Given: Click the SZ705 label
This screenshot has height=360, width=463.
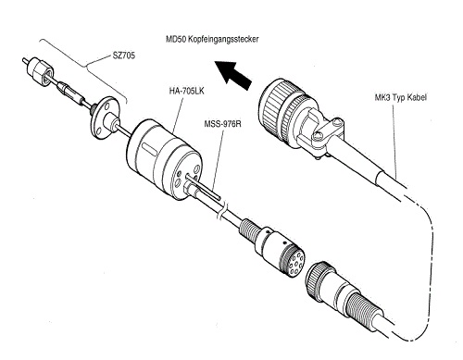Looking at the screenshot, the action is point(124,56).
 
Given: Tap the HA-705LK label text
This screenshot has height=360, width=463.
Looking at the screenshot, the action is point(186,92).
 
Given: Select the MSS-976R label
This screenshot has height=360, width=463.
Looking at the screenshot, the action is point(222,124).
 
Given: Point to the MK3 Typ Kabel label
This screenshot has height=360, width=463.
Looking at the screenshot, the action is point(401,98).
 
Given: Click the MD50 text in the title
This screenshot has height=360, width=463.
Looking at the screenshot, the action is point(176,40).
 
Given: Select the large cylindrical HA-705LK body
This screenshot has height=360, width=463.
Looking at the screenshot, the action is point(164,160).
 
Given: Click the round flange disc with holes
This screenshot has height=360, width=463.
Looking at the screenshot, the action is point(103,118).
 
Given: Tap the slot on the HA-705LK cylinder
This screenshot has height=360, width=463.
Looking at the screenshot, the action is point(149,151).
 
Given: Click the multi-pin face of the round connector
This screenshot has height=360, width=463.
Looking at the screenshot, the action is point(294,262).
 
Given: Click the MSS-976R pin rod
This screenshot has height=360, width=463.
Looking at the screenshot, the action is point(205,187).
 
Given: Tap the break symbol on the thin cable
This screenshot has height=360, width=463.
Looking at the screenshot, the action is point(223,212).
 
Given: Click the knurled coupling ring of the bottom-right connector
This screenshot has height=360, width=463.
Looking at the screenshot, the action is point(318,279).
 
